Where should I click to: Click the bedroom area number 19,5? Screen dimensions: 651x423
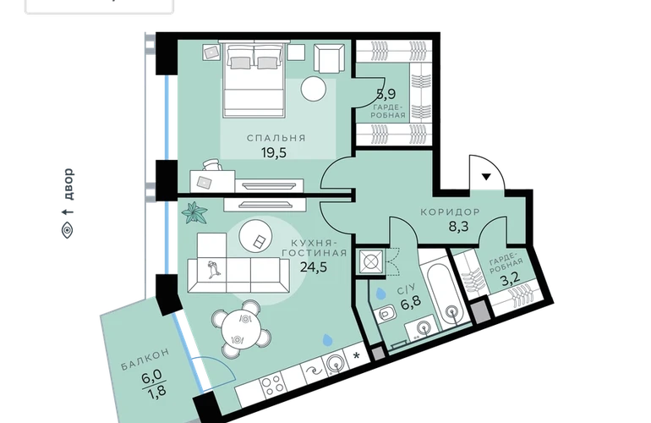point(274,153)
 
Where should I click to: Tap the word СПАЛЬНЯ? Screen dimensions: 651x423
point(276,138)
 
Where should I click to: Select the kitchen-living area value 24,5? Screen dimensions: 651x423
point(314,266)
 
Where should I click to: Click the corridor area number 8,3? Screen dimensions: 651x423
point(459,227)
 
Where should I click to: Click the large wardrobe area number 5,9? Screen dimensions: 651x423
point(386,94)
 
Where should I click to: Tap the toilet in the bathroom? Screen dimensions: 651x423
point(386,313)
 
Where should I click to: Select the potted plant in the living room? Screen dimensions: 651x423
point(194,211)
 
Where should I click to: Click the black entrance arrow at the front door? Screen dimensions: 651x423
point(486,177)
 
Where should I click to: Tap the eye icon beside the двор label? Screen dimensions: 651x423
point(68,230)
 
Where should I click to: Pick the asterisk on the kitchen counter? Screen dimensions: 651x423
point(356,355)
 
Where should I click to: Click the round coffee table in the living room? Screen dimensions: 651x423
point(256,235)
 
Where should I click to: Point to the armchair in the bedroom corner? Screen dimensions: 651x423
point(330,58)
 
